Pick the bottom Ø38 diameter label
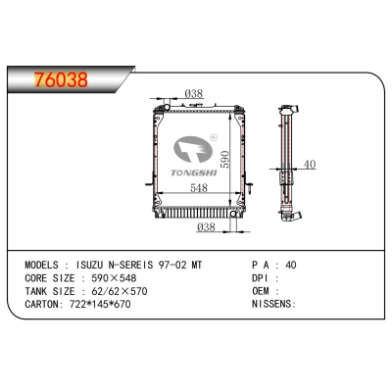(x=208, y=227)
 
